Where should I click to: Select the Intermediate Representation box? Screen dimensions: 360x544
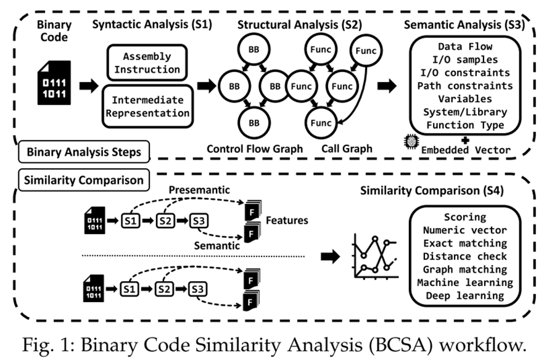(x=147, y=106)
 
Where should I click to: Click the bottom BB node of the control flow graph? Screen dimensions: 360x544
(x=253, y=123)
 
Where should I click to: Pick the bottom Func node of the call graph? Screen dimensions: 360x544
(x=321, y=123)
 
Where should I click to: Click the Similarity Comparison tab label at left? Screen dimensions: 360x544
(x=83, y=180)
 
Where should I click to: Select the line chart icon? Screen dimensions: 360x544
(x=374, y=255)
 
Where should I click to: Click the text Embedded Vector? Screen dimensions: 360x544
(x=466, y=149)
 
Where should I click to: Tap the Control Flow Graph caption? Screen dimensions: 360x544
(x=255, y=149)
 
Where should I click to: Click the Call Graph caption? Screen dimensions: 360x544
(x=347, y=149)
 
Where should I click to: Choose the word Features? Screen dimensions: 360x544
(x=286, y=220)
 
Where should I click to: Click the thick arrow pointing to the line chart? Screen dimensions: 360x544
(x=331, y=256)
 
